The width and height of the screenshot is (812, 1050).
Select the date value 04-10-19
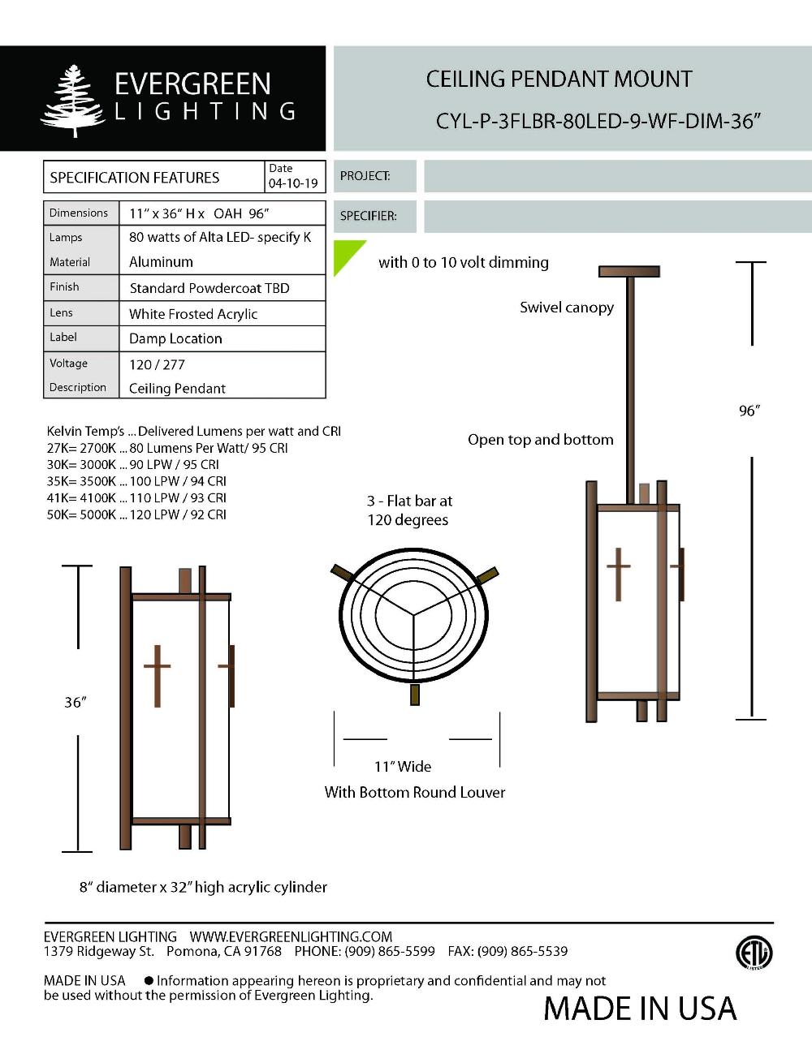[293, 183]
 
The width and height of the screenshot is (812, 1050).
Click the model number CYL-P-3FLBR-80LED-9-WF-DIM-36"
[598, 121]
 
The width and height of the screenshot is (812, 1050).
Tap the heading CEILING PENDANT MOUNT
[559, 80]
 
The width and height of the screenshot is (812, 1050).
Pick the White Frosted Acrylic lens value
[193, 314]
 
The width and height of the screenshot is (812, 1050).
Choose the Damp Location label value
[175, 338]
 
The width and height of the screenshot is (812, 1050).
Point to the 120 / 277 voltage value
[157, 364]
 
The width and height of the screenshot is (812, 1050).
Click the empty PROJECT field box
[617, 176]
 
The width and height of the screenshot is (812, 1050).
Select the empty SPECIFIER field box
[617, 217]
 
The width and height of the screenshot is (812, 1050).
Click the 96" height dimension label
[749, 411]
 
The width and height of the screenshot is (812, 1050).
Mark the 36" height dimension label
[76, 702]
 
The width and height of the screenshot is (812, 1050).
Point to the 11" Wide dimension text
[403, 766]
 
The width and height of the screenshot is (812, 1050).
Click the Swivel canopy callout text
[567, 308]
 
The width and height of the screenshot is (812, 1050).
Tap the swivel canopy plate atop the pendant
[628, 271]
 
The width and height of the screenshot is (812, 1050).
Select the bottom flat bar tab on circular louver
[416, 695]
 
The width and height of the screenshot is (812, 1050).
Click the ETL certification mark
[754, 953]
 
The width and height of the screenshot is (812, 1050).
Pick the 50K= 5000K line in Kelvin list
[136, 514]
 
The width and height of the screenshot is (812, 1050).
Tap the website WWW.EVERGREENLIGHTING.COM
[291, 936]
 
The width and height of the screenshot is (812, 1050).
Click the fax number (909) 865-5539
[522, 951]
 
